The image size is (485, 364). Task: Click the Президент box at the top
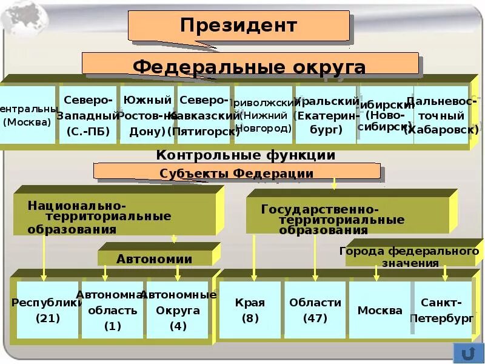tap(238, 26)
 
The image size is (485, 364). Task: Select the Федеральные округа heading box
tap(250, 66)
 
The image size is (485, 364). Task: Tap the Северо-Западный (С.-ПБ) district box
tap(87, 115)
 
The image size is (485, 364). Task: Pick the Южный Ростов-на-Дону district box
tap(147, 115)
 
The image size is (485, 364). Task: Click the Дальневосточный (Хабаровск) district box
tap(441, 115)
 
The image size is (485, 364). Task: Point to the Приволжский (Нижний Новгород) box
tap(263, 115)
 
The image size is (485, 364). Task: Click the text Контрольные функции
tap(246, 155)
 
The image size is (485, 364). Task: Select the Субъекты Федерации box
tap(236, 173)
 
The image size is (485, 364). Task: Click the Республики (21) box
tap(46, 309)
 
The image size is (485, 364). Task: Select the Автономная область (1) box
tap(113, 309)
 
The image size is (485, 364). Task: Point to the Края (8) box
tap(250, 309)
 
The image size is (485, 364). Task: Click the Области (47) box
tap(315, 309)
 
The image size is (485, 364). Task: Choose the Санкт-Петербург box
tap(442, 309)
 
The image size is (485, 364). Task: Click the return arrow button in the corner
tap(467, 352)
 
